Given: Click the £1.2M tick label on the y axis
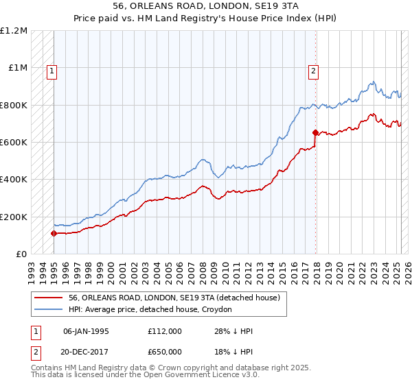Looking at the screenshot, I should tap(14, 31).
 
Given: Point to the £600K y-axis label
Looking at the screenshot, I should tap(14, 143).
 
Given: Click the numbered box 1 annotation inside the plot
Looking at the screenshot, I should tap(52, 69).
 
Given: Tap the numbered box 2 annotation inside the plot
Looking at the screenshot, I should tap(313, 69).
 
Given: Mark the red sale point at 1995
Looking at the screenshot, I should tap(54, 233).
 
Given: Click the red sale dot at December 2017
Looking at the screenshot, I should tap(315, 132).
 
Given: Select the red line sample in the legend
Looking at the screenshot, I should tap(49, 298).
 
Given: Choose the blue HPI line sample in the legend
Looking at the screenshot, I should tap(49, 309).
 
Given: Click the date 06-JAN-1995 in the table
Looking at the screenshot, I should tap(86, 331).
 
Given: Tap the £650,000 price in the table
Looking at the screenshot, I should tap(164, 350).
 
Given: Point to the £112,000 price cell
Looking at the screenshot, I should tap(164, 331).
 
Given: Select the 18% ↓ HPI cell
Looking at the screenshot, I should tap(233, 350).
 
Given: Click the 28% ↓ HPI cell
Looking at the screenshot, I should tap(233, 331).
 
